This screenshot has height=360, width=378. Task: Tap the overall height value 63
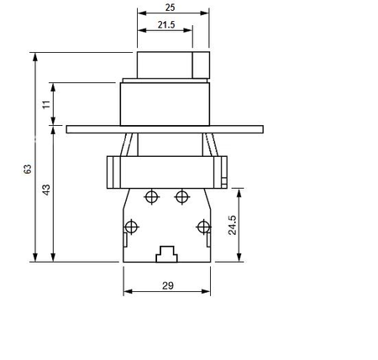[x=28, y=169]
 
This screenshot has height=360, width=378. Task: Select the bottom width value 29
[x=166, y=286]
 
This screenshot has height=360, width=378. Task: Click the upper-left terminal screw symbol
[x=151, y=197]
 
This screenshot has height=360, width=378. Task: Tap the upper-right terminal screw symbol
[x=181, y=197]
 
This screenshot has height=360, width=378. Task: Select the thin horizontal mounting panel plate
[x=165, y=129]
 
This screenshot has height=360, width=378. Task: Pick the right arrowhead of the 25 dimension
[x=207, y=14]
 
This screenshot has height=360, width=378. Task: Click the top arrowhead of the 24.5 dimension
[x=241, y=190]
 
